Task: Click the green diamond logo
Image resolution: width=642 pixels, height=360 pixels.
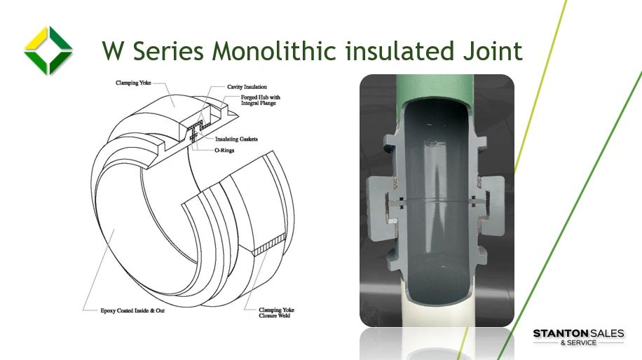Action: [48, 50]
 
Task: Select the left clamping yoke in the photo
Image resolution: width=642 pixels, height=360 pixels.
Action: [385, 203]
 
